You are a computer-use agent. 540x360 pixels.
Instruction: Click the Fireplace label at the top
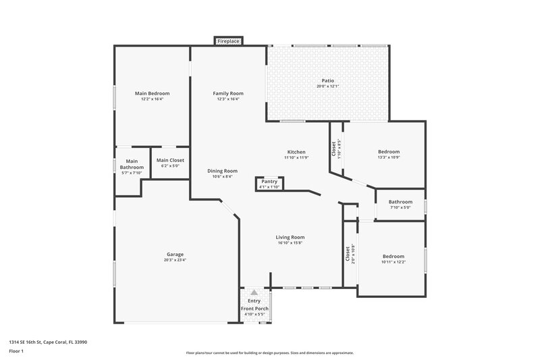click(x=228, y=42)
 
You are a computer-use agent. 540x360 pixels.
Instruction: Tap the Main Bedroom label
click(x=152, y=93)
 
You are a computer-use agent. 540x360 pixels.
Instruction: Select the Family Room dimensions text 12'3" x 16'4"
click(x=228, y=99)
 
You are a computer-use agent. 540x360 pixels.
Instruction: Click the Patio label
click(x=327, y=81)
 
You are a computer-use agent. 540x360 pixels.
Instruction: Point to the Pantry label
click(x=269, y=182)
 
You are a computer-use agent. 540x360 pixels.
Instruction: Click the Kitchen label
click(x=296, y=152)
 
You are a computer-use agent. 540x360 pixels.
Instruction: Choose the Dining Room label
click(x=222, y=171)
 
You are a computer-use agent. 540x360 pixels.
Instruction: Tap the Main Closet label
click(x=170, y=160)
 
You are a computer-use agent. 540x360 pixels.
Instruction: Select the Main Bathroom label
click(x=132, y=164)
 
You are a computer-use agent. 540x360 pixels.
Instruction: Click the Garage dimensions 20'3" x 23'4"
click(x=175, y=260)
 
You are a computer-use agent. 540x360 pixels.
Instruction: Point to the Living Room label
click(x=291, y=237)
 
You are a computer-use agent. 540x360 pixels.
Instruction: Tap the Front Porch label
click(x=255, y=309)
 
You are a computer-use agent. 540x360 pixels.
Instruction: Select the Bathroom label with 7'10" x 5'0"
click(x=400, y=202)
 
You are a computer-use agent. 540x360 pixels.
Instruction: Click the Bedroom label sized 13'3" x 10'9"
click(x=389, y=152)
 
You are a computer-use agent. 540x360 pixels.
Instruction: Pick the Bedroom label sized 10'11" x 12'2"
click(x=394, y=256)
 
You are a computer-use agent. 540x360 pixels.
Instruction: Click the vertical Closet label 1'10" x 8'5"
click(x=333, y=149)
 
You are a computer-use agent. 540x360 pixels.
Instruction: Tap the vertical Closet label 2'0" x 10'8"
click(x=348, y=254)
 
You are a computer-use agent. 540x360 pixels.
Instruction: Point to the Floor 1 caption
click(x=16, y=351)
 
